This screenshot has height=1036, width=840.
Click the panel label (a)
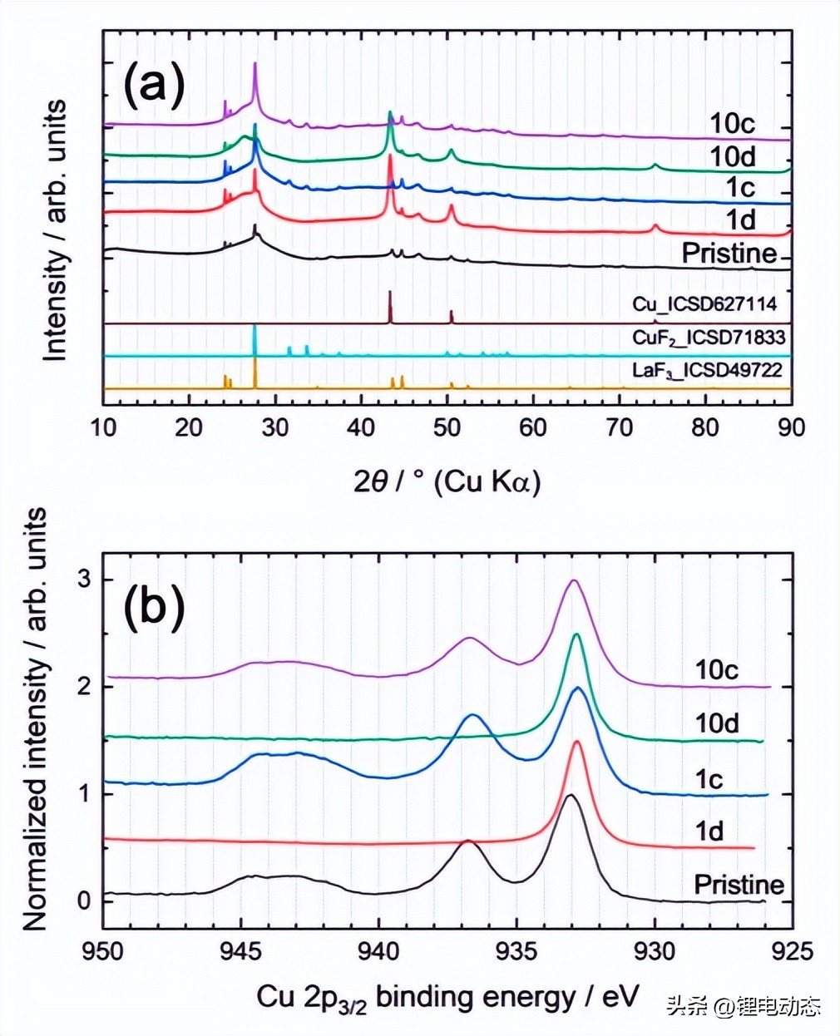point(154,86)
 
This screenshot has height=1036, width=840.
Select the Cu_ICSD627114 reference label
point(704,303)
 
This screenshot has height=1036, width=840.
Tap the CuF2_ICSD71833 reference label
point(708,337)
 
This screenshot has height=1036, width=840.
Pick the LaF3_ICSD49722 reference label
point(707,369)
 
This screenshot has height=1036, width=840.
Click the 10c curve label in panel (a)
point(732,123)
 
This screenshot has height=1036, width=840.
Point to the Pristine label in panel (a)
point(729,253)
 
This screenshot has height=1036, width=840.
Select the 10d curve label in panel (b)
point(717,723)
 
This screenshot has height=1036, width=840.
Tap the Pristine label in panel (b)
point(739,884)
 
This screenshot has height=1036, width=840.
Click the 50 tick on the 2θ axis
point(447,427)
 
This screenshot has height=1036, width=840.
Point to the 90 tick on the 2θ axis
point(791,427)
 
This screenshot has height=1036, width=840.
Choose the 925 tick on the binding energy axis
point(793,949)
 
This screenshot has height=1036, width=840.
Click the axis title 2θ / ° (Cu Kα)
point(447,481)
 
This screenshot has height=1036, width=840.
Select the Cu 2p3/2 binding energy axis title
point(447,996)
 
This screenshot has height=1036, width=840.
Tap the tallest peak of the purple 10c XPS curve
point(572,580)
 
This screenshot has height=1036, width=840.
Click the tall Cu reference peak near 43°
point(390,293)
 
